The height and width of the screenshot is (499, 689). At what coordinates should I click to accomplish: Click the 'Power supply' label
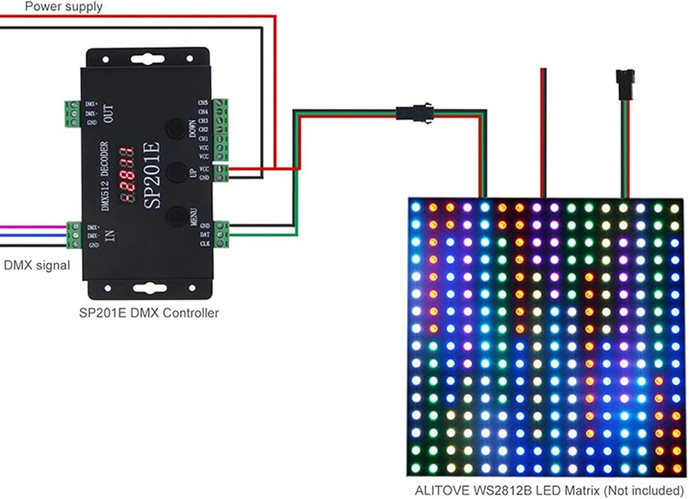coord(63,7)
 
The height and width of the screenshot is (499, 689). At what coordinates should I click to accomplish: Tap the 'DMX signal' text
coord(37,265)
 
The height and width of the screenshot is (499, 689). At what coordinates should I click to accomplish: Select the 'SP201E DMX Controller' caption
coord(149,313)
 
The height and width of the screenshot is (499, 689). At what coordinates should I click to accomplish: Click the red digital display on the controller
coord(127,175)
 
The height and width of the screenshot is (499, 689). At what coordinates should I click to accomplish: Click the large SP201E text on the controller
coord(152,175)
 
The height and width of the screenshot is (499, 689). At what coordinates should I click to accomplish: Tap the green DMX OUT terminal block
coord(73,113)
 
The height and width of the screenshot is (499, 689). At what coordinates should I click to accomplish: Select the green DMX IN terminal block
coord(73,235)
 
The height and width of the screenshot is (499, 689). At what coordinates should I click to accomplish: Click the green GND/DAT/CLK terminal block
coord(221,234)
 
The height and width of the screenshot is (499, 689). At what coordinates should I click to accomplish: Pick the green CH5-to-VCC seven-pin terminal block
coord(220,130)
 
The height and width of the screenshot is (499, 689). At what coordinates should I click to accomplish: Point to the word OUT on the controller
coord(108,113)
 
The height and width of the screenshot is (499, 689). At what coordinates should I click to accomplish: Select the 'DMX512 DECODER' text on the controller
coord(105,176)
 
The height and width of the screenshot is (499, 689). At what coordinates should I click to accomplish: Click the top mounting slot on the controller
coord(147,58)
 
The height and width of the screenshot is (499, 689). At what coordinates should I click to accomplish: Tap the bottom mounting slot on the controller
coord(148,288)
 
